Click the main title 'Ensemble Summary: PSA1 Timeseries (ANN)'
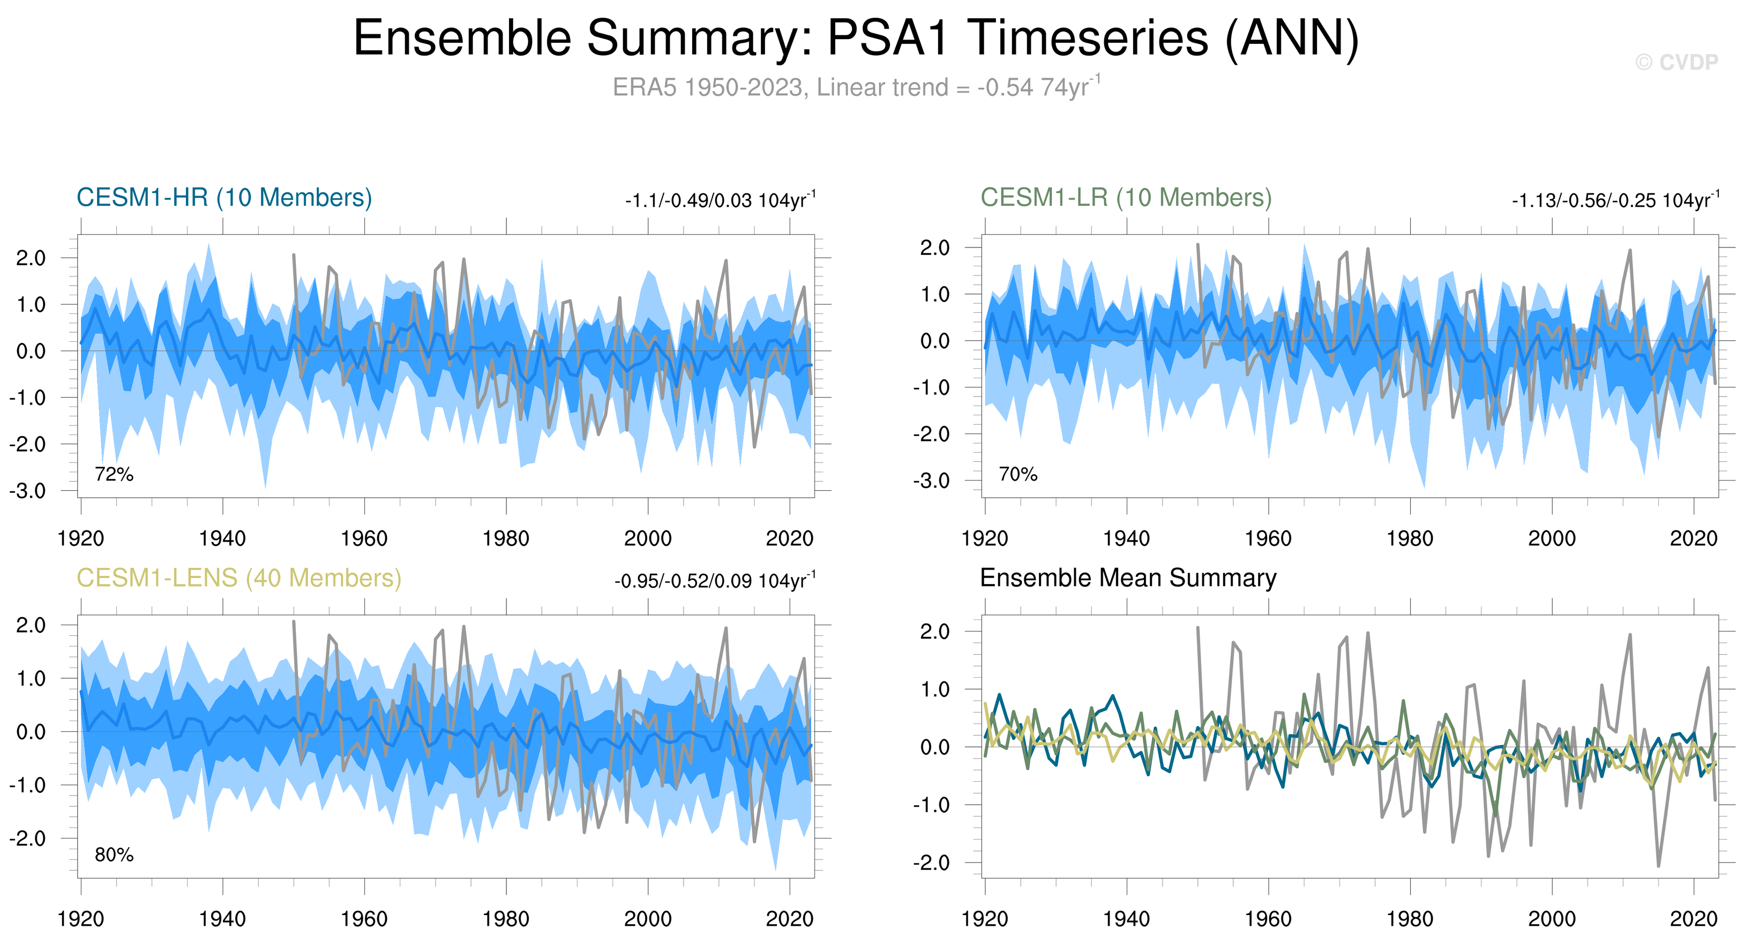(x=856, y=38)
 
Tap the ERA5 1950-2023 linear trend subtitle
(x=856, y=87)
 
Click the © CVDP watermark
(x=1676, y=62)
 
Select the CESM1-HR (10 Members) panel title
(x=224, y=198)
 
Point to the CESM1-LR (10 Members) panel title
(x=1126, y=198)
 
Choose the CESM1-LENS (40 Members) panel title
(x=238, y=578)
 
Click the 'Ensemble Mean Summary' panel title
(x=1128, y=578)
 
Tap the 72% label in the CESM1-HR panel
(x=114, y=474)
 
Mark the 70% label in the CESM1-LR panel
(x=1018, y=474)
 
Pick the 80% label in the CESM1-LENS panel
(x=114, y=855)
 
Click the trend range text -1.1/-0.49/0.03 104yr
(x=720, y=200)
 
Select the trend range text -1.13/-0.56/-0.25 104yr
(x=1615, y=200)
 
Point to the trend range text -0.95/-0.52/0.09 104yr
(x=715, y=581)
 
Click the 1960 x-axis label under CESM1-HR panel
(x=364, y=539)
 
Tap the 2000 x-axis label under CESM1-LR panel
(x=1552, y=539)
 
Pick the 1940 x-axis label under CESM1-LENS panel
(x=223, y=919)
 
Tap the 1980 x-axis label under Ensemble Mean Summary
(x=1410, y=919)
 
